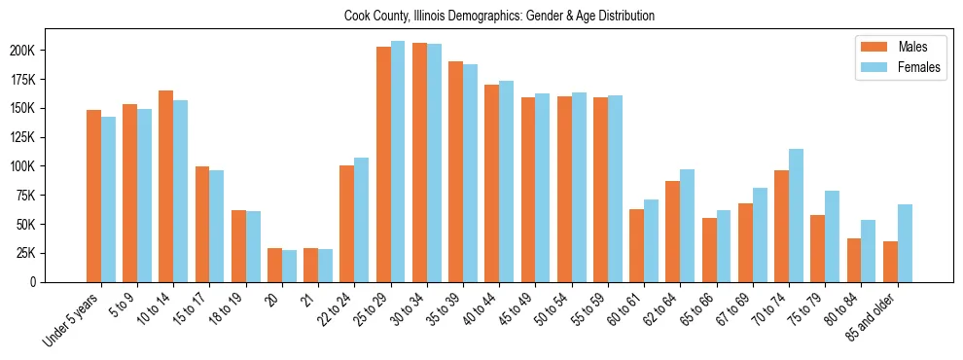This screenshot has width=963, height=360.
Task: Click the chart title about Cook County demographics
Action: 499,16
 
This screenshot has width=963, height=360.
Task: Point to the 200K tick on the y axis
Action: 53,51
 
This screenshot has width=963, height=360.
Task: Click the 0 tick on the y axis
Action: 60,282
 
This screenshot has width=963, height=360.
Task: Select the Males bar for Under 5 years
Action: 93,196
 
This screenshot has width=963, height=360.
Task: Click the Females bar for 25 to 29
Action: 397,162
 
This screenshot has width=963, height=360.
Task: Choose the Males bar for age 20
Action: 274,265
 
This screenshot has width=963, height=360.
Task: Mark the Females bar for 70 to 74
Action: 796,215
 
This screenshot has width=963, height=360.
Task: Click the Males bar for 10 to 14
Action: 165,186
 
